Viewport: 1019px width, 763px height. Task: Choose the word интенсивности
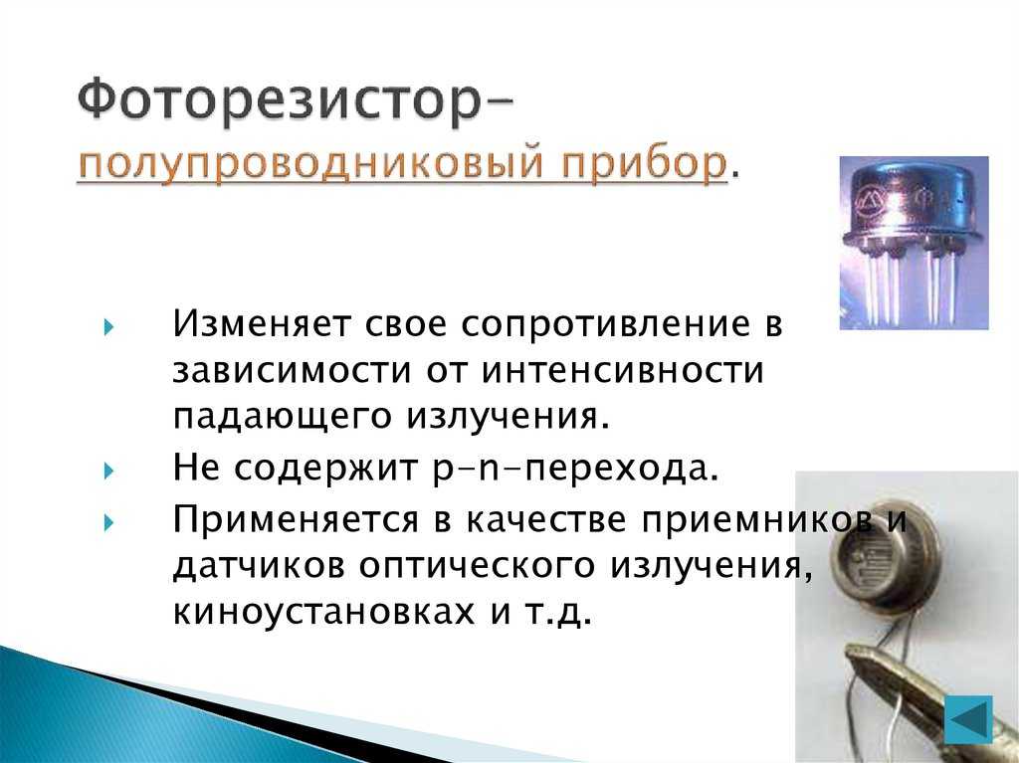[623, 370]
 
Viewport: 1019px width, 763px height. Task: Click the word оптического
[477, 565]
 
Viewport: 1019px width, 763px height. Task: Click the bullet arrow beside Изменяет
[108, 327]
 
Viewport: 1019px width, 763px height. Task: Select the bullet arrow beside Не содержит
[108, 471]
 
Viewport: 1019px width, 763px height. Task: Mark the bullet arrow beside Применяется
[108, 522]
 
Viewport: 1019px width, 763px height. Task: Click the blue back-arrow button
[968, 720]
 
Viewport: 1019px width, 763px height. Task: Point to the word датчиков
[259, 567]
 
